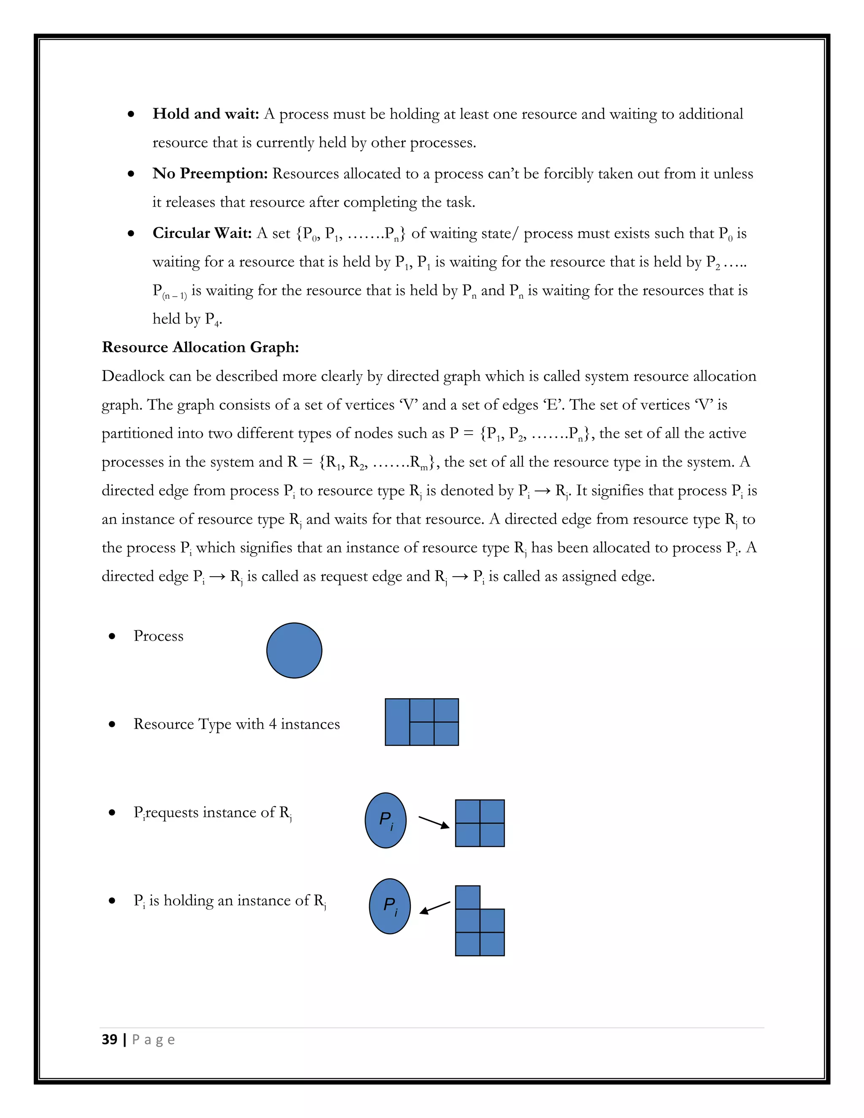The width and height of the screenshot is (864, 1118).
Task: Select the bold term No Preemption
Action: tap(210, 173)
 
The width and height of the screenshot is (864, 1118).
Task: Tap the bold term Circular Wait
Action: tap(202, 233)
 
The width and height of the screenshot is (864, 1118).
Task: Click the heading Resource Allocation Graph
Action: tap(200, 347)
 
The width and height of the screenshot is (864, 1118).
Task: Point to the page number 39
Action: tap(110, 1040)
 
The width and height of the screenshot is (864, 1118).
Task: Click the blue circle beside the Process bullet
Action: tap(294, 651)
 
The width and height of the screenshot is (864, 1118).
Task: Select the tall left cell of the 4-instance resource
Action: tap(397, 722)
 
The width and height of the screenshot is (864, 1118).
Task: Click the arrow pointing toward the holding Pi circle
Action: tap(435, 907)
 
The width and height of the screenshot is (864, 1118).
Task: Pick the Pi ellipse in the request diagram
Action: tap(386, 820)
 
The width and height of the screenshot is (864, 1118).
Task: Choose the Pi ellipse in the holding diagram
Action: tap(389, 906)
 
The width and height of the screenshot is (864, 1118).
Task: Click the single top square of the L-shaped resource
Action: tap(467, 897)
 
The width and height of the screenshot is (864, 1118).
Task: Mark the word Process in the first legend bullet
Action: tap(158, 636)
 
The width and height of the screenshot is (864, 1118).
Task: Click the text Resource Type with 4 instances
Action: tap(237, 724)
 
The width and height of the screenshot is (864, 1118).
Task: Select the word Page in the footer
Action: tap(153, 1040)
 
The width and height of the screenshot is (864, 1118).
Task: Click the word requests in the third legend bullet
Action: tap(173, 813)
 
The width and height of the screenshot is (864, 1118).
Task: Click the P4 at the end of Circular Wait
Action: tap(212, 319)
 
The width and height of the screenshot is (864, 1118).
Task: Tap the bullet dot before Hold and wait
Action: tap(132, 114)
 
